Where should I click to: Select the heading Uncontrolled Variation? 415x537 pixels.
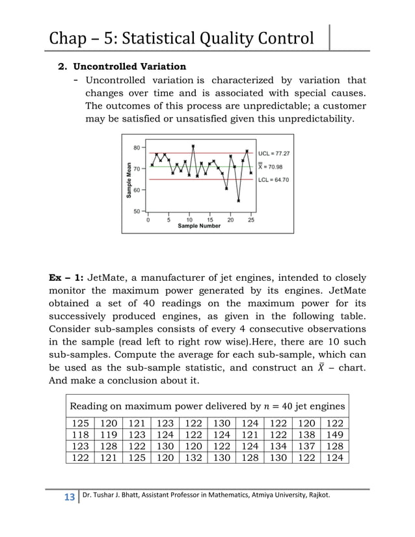pyautogui.click(x=129, y=66)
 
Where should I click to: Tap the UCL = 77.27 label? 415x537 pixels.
pyautogui.click(x=273, y=154)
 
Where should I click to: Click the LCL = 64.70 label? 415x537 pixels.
pyautogui.click(x=273, y=180)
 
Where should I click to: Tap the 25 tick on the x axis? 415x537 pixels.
pyautogui.click(x=251, y=220)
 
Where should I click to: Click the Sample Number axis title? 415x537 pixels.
pyautogui.click(x=200, y=226)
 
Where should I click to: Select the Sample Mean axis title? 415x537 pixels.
pyautogui.click(x=129, y=179)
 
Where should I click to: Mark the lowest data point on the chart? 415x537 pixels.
pyautogui.click(x=239, y=200)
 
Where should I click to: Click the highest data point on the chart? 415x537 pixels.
pyautogui.click(x=193, y=146)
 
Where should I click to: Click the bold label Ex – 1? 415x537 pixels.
pyautogui.click(x=66, y=278)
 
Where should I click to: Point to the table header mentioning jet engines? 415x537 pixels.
pyautogui.click(x=207, y=406)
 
